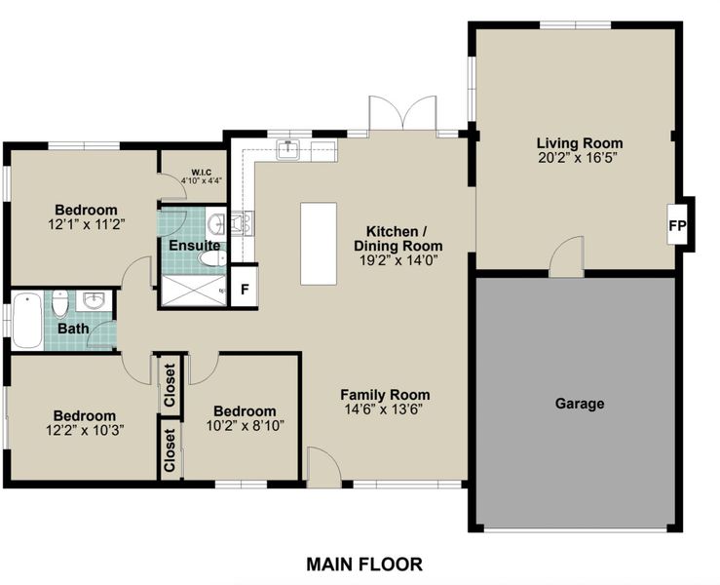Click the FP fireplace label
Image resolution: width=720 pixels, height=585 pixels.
[677, 225]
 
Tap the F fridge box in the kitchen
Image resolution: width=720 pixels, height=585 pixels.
[245, 288]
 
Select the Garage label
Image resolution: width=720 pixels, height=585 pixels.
[580, 404]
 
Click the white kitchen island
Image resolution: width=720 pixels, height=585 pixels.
[319, 244]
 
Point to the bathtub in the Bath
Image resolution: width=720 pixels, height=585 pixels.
[27, 321]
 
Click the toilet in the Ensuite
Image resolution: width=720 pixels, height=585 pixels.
[211, 258]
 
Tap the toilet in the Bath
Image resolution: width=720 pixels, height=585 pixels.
[60, 303]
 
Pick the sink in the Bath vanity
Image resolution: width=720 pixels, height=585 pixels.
[95, 300]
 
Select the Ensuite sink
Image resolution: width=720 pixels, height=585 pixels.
[215, 224]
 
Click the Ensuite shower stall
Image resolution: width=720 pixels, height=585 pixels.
[194, 290]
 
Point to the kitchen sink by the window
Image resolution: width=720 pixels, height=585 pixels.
[288, 150]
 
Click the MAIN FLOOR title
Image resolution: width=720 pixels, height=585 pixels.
[364, 564]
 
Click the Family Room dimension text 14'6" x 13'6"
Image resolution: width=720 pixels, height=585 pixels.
[384, 409]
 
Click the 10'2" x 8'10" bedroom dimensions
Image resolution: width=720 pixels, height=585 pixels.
[246, 426]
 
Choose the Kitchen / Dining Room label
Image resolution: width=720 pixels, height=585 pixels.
[398, 239]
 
